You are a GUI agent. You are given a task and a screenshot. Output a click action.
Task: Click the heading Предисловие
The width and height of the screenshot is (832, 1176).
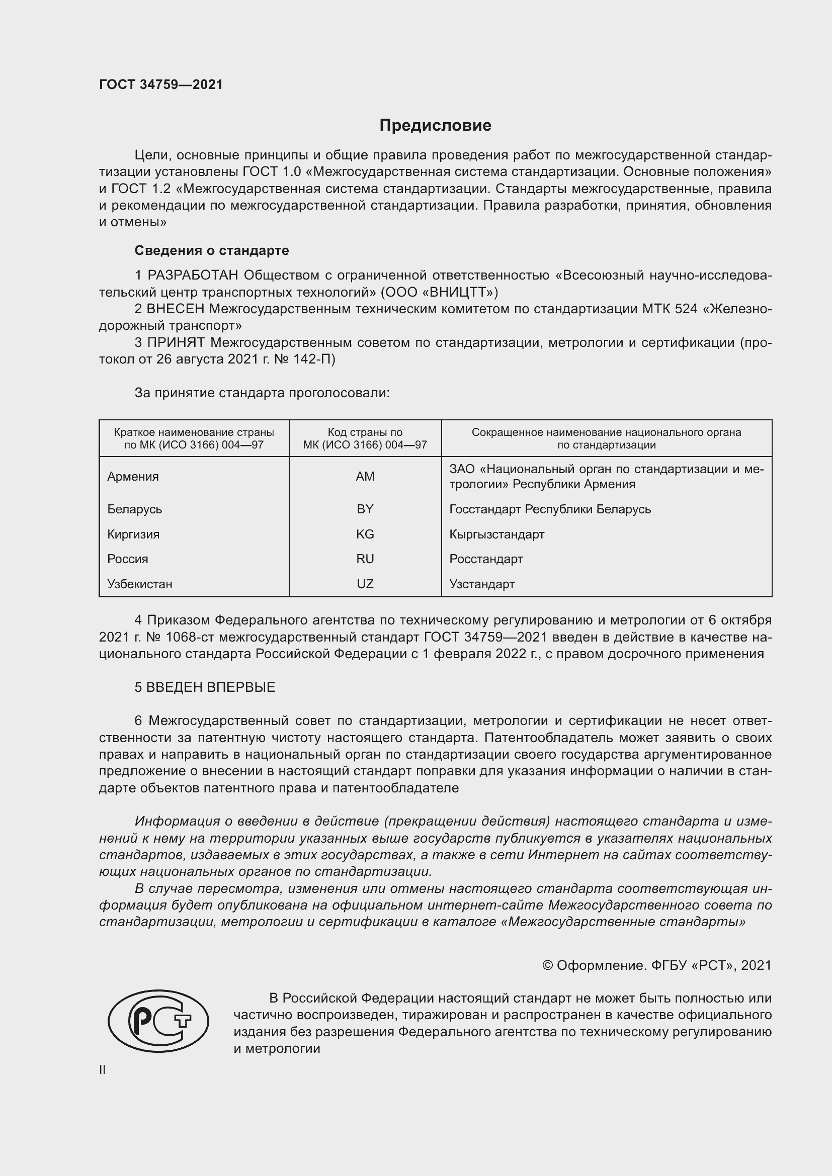[x=435, y=126]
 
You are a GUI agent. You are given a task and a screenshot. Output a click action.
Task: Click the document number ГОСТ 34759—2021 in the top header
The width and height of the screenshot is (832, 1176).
[x=161, y=84]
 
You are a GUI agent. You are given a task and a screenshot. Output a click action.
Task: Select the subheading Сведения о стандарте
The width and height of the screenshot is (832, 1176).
[x=212, y=250]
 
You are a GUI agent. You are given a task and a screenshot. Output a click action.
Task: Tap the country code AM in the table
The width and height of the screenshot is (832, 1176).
[x=365, y=476]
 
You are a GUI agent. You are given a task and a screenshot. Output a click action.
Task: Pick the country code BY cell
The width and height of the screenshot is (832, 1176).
[x=365, y=509]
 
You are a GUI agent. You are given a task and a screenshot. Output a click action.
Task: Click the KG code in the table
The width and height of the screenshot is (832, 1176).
[x=365, y=534]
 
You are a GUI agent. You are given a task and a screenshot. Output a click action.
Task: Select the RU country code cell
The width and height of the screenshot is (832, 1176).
[x=365, y=559]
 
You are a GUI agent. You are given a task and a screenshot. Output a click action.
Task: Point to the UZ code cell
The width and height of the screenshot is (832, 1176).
[x=365, y=584]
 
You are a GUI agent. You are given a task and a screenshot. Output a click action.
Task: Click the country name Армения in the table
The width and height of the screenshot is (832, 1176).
[x=133, y=476]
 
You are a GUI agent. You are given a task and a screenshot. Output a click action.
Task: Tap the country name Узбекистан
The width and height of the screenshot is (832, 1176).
[x=139, y=584]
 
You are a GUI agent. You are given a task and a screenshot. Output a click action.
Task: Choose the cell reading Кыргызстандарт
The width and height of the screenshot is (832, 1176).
[x=496, y=534]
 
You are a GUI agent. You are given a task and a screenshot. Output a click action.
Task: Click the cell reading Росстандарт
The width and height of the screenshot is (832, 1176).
[x=486, y=559]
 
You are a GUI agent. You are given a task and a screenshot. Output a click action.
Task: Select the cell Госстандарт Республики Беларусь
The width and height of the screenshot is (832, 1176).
[x=550, y=509]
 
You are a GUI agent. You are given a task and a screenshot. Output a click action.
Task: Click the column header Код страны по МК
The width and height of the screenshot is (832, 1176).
[x=365, y=438]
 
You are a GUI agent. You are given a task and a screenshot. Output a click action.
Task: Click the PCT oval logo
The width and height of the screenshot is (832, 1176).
[x=158, y=1021]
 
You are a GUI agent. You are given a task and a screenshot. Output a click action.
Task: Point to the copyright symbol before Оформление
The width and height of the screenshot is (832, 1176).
[x=547, y=965]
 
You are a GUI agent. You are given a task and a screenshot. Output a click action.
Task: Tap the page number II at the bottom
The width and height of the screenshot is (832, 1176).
[x=103, y=1069]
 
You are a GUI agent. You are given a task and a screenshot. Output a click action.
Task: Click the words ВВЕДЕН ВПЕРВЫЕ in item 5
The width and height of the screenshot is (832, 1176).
[x=211, y=687]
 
